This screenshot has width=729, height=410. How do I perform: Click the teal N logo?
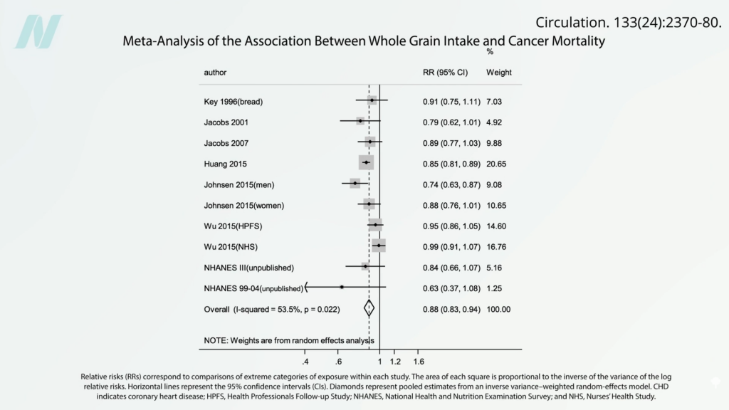pyautogui.click(x=38, y=31)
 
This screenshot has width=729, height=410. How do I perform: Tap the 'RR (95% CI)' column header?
pyautogui.click(x=446, y=73)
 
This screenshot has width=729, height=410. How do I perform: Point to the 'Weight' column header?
pyautogui.click(x=498, y=73)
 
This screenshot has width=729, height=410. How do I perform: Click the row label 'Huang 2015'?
pyautogui.click(x=226, y=164)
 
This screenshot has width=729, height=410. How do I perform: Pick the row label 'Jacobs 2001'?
pyautogui.click(x=226, y=122)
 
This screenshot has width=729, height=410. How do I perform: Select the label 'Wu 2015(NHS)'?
pyautogui.click(x=231, y=246)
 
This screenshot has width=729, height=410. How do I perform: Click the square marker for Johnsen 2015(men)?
pyautogui.click(x=355, y=184)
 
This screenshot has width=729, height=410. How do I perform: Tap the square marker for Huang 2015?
pyautogui.click(x=366, y=163)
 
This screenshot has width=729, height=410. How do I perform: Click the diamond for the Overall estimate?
pyautogui.click(x=369, y=308)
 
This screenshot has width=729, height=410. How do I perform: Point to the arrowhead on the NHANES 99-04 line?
pyautogui.click(x=307, y=288)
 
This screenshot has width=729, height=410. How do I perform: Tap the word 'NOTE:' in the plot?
pyautogui.click(x=216, y=340)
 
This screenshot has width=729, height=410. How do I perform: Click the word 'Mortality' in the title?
pyautogui.click(x=575, y=41)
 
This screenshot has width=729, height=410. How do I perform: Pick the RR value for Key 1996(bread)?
pyautogui.click(x=451, y=102)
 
